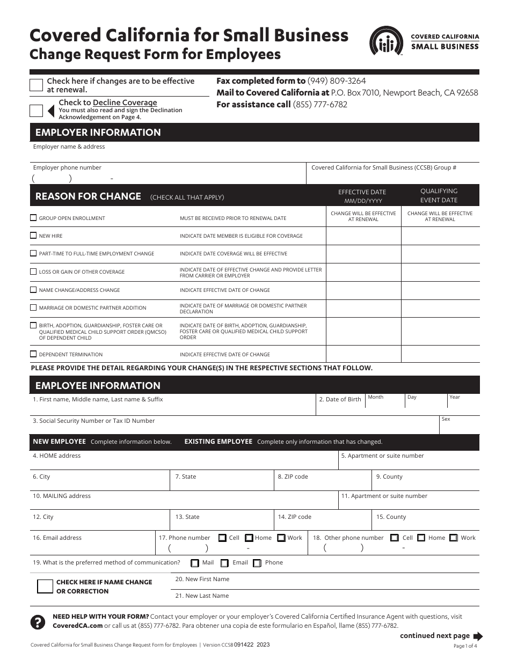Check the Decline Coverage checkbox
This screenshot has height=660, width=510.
pyautogui.click(x=37, y=111)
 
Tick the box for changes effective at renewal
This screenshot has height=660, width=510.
pyautogui.click(x=37, y=85)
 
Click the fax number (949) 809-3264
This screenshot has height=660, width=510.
pyautogui.click(x=337, y=80)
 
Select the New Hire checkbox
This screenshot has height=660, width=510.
pyautogui.click(x=34, y=236)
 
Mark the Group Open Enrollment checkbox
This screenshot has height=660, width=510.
pyautogui.click(x=34, y=218)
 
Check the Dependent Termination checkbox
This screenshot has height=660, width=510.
pyautogui.click(x=34, y=354)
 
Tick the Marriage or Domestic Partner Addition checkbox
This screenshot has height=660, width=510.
pyautogui.click(x=34, y=307)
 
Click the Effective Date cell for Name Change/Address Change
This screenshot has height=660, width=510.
pyautogui.click(x=363, y=290)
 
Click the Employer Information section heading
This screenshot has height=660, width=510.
pyautogui.click(x=98, y=133)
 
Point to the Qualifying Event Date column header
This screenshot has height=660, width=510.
pyautogui.click(x=439, y=195)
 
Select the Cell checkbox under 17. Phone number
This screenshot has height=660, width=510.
pyautogui.click(x=222, y=538)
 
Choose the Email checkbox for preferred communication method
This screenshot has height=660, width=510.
pyautogui.click(x=224, y=563)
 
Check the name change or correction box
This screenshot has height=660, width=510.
pyautogui.click(x=45, y=586)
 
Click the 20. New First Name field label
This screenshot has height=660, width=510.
pyautogui.click(x=202, y=579)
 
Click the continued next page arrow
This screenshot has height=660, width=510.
pyautogui.click(x=478, y=636)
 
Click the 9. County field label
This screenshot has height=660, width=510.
pyautogui.click(x=389, y=476)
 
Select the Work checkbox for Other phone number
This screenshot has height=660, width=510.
pyautogui.click(x=454, y=538)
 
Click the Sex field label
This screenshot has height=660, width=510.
pyautogui.click(x=446, y=419)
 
